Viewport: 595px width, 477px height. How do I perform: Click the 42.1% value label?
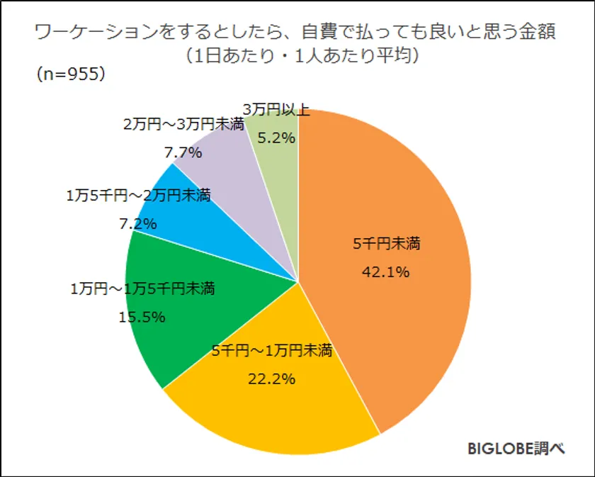[x=385, y=271]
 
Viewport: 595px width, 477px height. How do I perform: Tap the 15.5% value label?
[x=142, y=317]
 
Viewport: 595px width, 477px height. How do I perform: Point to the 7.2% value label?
[x=137, y=225]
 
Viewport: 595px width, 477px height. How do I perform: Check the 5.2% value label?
[x=276, y=138]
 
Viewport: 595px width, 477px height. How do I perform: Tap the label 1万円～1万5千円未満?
[x=142, y=289]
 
